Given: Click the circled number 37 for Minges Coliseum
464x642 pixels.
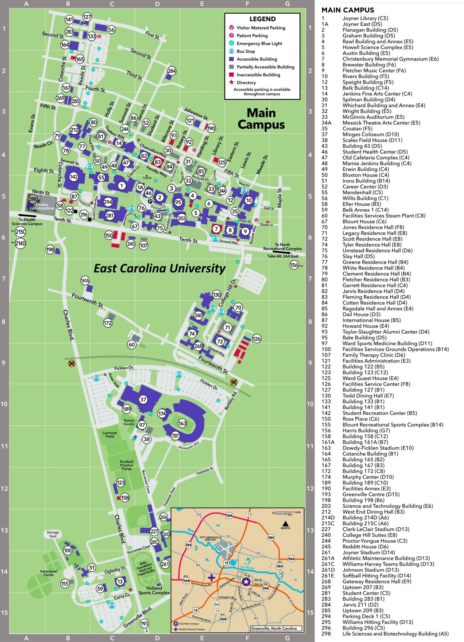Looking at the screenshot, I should [x=143, y=399].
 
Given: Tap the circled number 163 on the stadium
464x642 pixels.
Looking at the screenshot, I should [x=182, y=423].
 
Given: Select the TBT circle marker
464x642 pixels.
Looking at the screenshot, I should [x=175, y=436].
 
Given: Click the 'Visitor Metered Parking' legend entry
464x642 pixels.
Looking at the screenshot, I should [x=261, y=28].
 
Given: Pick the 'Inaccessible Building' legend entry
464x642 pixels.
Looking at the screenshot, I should [x=258, y=75].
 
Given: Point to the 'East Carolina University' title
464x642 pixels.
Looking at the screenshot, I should [x=160, y=268].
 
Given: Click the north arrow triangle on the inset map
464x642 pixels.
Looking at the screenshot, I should [x=285, y=523].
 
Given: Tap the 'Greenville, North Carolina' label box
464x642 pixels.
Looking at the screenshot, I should [x=274, y=628].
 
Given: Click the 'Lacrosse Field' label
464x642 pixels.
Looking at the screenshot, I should [x=110, y=434].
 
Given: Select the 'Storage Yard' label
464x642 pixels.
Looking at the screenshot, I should [x=53, y=534].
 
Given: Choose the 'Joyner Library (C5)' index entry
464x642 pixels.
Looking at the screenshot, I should [x=365, y=18].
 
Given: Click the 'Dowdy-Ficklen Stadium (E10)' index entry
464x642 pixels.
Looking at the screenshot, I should [x=378, y=448].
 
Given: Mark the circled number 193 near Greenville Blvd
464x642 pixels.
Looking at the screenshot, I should [x=145, y=624].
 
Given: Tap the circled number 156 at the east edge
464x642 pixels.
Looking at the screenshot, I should [x=294, y=265].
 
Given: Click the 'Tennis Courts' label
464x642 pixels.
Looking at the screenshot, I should [x=129, y=422].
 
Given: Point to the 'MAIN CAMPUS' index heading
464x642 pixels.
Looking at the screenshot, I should [x=347, y=10].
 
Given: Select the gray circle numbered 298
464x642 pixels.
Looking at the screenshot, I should [x=33, y=199].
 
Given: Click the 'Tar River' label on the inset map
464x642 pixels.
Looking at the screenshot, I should [x=247, y=568].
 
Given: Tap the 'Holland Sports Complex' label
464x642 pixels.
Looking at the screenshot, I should [x=154, y=590].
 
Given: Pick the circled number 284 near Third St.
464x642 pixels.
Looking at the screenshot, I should [x=172, y=71].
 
